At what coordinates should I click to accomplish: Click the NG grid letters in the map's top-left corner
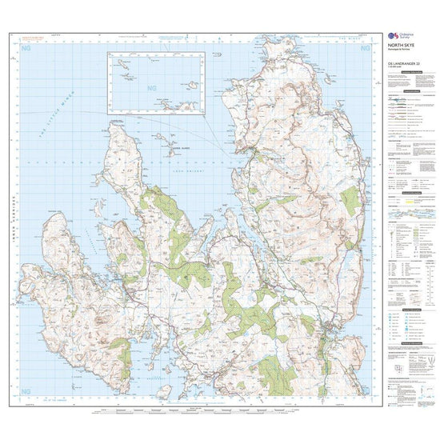click(22, 50)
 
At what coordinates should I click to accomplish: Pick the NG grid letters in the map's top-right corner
click(367, 50)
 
